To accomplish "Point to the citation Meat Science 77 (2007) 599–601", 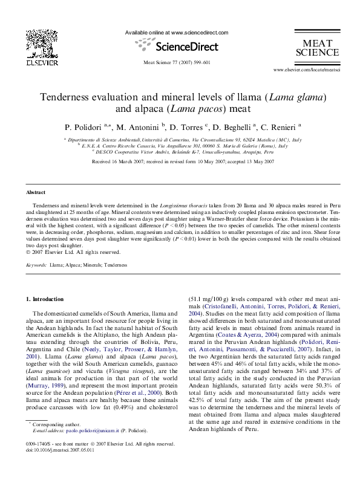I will [177, 63].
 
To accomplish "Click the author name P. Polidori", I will [84, 128].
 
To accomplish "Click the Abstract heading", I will [36, 192].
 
